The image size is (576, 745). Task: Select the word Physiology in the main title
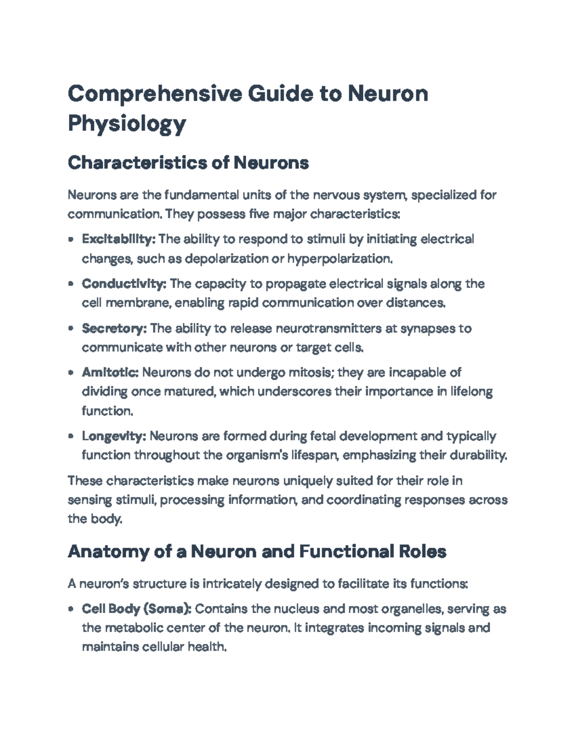(127, 124)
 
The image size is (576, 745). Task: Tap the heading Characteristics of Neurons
(188, 163)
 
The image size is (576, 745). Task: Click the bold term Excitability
(119, 239)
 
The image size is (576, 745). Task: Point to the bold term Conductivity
(124, 284)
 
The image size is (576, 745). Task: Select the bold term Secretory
(114, 328)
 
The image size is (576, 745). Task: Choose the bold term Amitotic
(110, 372)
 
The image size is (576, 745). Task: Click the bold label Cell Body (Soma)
(137, 609)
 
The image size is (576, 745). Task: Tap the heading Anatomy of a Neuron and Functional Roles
(257, 552)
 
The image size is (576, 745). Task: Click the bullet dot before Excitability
(71, 239)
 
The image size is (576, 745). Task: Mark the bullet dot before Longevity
(71, 437)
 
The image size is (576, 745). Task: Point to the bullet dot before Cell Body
(71, 609)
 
